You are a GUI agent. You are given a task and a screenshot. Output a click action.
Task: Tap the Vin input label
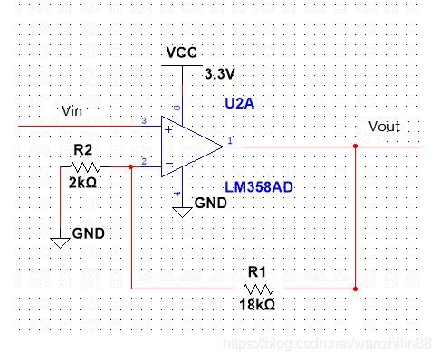[72, 110]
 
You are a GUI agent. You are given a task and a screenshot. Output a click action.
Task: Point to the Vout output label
[383, 127]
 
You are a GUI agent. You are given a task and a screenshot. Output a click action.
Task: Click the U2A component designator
[240, 104]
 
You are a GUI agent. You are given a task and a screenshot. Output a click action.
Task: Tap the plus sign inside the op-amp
[167, 129]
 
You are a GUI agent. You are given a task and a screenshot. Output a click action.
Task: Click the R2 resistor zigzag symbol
[87, 167]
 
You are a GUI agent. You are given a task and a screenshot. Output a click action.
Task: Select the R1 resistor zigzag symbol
[256, 289]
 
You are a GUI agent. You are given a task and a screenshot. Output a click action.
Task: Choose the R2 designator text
[82, 149]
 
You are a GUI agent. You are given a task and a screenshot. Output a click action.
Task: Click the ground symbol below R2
[60, 242]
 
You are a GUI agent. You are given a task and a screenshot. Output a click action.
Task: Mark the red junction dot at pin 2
[133, 167]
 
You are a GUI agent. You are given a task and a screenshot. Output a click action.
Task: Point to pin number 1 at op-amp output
[230, 140]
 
